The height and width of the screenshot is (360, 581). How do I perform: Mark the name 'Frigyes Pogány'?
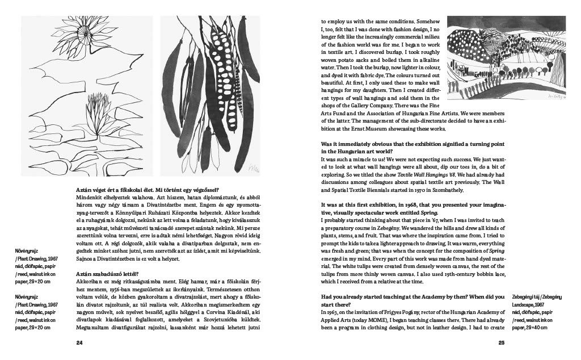coord(402,313)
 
